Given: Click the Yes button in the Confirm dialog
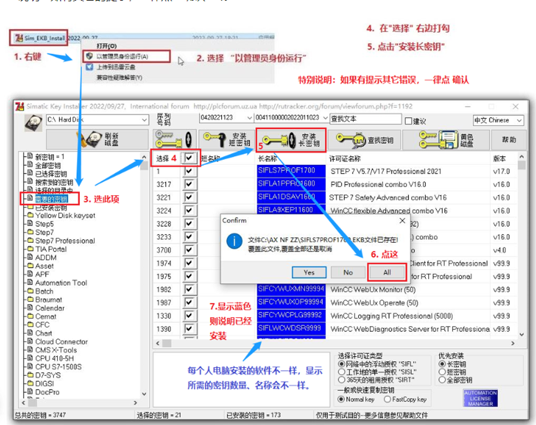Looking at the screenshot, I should pyautogui.click(x=309, y=272).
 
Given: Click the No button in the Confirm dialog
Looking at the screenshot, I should pyautogui.click(x=348, y=272).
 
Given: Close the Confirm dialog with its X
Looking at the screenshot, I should pyautogui.click(x=401, y=220).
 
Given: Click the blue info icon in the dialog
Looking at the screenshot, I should pyautogui.click(x=234, y=240).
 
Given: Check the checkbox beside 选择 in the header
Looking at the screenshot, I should pyautogui.click(x=189, y=159).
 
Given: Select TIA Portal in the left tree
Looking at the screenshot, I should pyautogui.click(x=51, y=249).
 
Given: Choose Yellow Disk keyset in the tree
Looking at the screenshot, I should pyautogui.click(x=65, y=216).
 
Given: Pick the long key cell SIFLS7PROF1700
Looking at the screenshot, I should pyautogui.click(x=287, y=170).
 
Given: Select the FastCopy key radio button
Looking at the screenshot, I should pyautogui.click(x=387, y=400).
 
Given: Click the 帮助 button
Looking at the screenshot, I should pyautogui.click(x=509, y=140).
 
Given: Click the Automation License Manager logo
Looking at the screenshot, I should pyautogui.click(x=480, y=398).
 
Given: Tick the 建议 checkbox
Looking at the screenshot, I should pyautogui.click(x=408, y=120).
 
